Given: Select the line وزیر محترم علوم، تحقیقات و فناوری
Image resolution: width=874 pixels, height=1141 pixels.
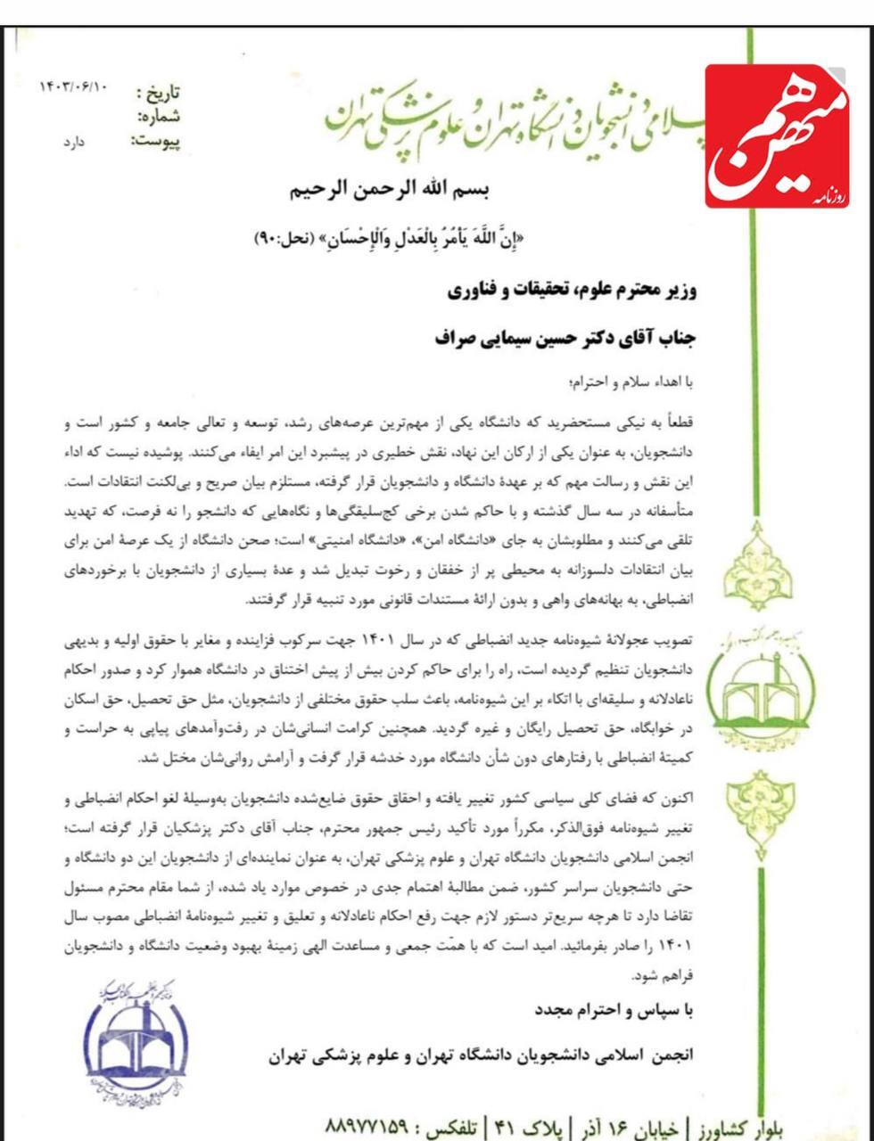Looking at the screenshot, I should pos(570,291).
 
